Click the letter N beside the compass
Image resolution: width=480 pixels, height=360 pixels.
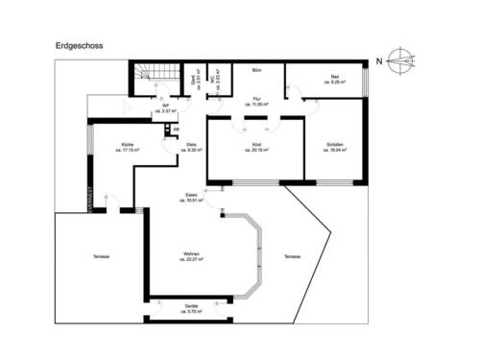[x=380, y=60]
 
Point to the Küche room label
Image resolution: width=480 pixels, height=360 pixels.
[x=128, y=144]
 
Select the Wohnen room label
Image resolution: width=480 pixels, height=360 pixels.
[x=191, y=252]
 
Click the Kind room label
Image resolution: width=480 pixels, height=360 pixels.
[x=255, y=144]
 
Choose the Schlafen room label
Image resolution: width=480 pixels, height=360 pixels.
[x=335, y=144]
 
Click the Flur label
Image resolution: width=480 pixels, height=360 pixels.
[x=257, y=98]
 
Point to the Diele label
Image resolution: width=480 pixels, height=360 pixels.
[x=192, y=144]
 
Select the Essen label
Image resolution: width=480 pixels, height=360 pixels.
[x=192, y=195]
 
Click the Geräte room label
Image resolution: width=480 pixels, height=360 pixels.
[x=192, y=305]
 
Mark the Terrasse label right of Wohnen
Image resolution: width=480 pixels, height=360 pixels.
[x=293, y=257]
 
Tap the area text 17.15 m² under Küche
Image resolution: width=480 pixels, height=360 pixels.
[x=128, y=150]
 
